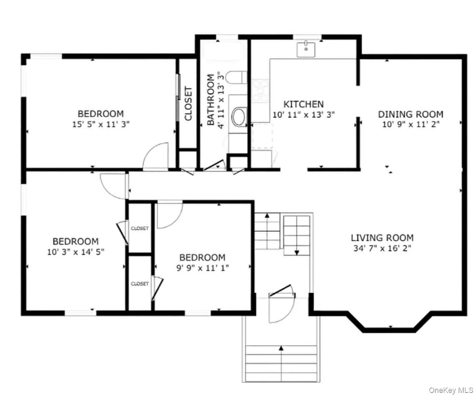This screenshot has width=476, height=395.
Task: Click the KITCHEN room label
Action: click(x=303, y=104)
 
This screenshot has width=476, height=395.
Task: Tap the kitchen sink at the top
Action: click(x=307, y=50)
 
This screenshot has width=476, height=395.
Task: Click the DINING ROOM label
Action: click(x=411, y=114)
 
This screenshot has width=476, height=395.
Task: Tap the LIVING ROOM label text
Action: click(x=382, y=238)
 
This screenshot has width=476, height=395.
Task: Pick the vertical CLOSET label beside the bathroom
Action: click(x=188, y=104)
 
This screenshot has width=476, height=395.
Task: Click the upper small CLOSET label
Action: click(x=140, y=228)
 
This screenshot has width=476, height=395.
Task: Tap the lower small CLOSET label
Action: click(x=140, y=284)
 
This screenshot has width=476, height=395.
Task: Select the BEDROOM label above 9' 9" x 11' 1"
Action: click(x=202, y=258)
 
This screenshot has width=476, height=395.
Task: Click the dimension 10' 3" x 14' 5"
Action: click(x=76, y=252)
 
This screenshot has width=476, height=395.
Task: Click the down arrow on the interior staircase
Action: click(x=297, y=252)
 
